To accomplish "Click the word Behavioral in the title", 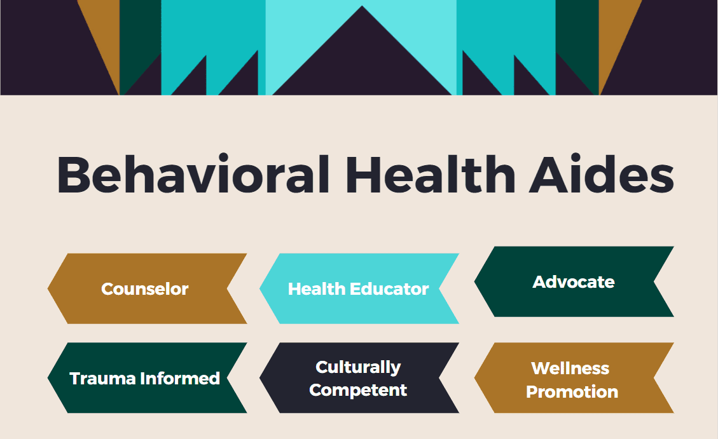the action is coord(193,175).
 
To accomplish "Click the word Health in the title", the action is coord(431,175).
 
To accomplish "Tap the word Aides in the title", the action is coord(602,175).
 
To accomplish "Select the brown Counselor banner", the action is coord(148,288).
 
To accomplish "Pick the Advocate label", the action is coord(573,281).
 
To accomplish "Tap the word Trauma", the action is coord(102,379).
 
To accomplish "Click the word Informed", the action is coord(180,379).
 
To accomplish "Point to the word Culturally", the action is coord(358,367).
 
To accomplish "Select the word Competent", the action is coord(358,390).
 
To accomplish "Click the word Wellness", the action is coord(570,368).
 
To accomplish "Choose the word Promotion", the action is coord(572,392).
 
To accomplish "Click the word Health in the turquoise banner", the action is coord(317,289).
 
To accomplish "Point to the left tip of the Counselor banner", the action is coord(48,288).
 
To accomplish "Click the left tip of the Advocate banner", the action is coord(475,281).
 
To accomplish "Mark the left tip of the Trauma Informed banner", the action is coord(48,378).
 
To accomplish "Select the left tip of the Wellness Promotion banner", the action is coord(475,378).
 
